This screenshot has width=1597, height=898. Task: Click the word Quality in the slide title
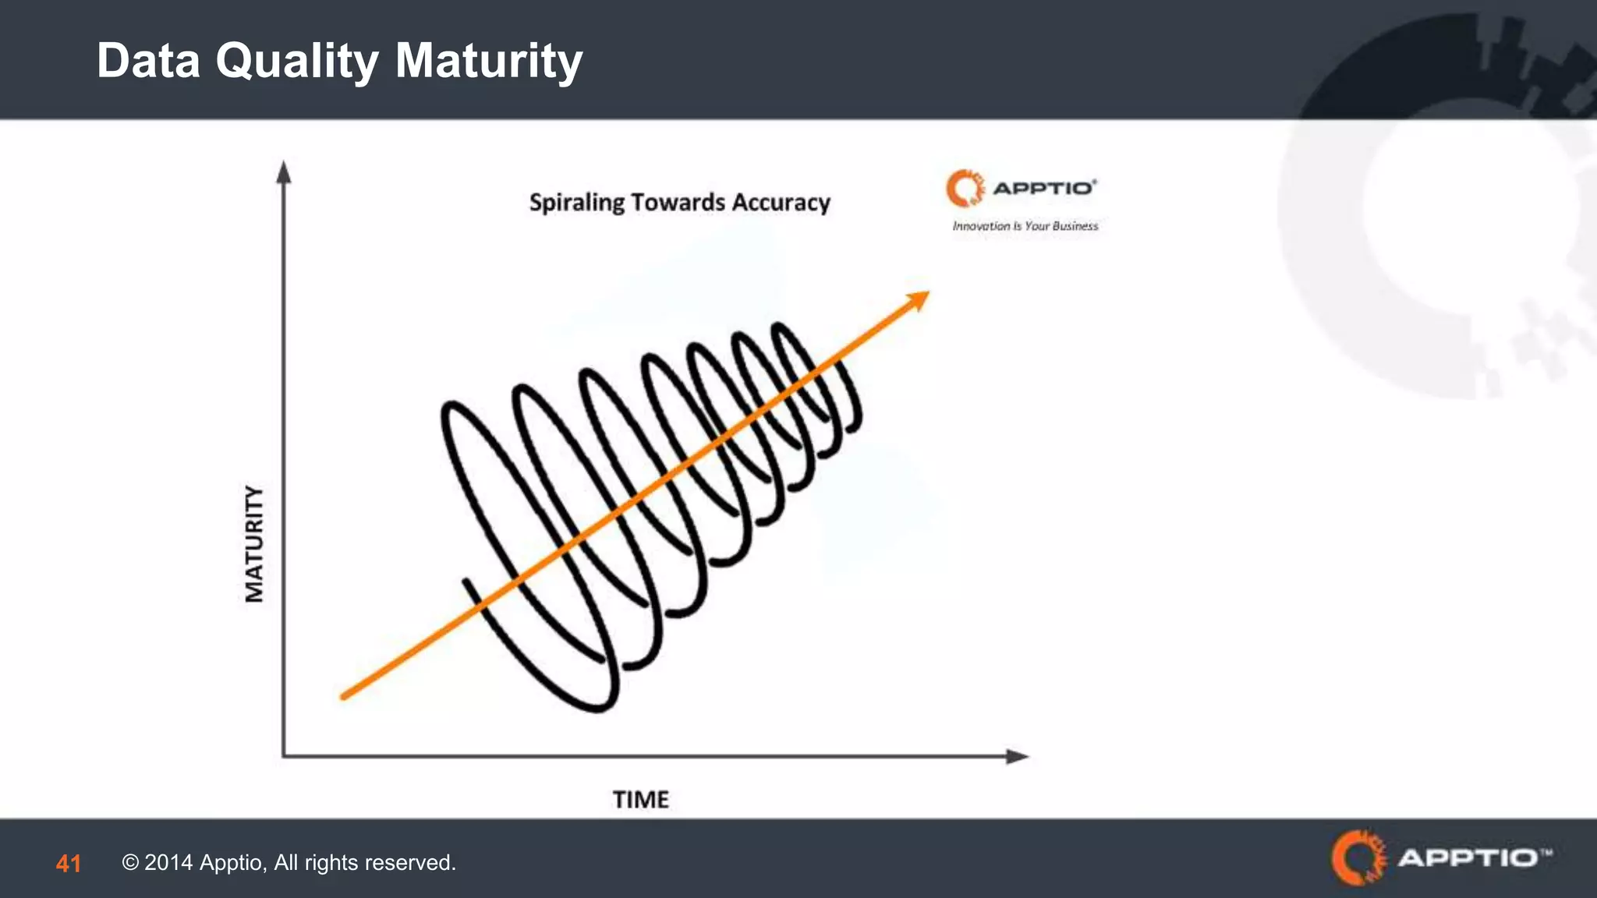point(297,61)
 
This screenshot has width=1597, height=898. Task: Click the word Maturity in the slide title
point(489,61)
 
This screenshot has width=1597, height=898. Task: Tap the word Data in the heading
point(148,61)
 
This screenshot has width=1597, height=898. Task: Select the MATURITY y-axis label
point(254,543)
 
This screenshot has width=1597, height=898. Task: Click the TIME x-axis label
point(640,800)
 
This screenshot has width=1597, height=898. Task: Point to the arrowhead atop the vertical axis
point(284,171)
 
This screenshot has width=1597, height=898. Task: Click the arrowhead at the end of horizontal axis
point(1017,756)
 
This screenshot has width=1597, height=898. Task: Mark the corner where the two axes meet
point(284,755)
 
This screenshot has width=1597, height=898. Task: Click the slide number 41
point(68,864)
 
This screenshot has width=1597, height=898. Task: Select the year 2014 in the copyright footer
point(168,863)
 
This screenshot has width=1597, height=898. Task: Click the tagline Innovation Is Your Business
point(1025,226)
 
